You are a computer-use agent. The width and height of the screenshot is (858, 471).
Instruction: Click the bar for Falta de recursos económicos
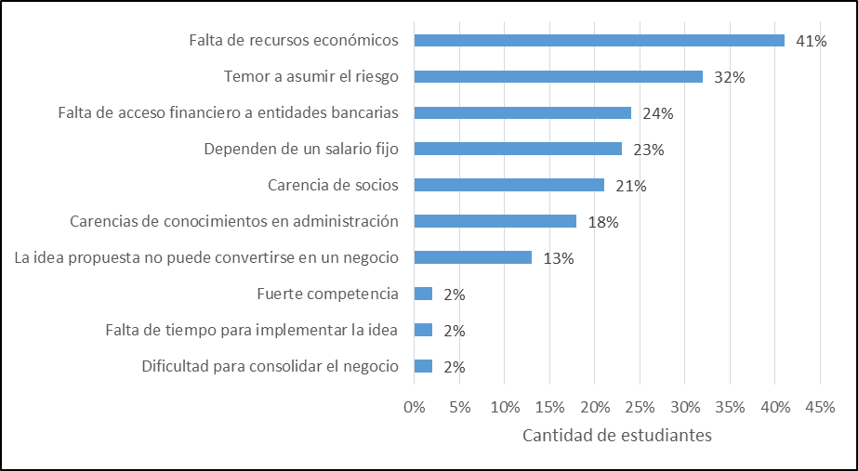coord(599,41)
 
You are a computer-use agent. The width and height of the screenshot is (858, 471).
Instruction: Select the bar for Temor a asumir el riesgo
coord(558,77)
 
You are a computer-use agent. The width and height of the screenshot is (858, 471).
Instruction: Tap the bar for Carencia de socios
coord(508,185)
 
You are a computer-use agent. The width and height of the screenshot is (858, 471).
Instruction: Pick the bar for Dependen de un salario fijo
coord(518,149)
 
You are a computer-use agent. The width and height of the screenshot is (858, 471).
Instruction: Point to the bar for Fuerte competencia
coord(423,294)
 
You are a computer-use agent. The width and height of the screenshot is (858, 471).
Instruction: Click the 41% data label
coord(812,41)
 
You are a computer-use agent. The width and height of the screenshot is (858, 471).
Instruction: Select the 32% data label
coord(730,78)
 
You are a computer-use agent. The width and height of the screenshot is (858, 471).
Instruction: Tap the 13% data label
coord(558,258)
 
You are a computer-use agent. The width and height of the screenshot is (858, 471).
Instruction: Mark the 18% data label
coord(603,222)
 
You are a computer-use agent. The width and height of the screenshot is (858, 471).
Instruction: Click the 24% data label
coord(657,113)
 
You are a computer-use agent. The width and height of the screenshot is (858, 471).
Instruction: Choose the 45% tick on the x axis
coord(820,408)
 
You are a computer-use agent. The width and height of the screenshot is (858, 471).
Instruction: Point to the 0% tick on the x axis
coord(414,408)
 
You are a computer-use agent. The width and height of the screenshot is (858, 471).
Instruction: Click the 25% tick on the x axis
coord(640,408)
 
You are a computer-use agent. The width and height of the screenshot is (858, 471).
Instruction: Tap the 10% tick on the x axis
coord(504,408)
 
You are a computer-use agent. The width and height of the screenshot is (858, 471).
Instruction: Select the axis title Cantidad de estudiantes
coord(617,436)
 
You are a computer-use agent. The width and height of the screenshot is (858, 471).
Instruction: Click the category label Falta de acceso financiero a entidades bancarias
coord(228,112)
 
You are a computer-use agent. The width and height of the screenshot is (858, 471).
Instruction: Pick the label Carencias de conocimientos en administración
coord(234,221)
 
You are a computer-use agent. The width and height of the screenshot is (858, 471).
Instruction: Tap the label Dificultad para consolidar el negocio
coord(270,366)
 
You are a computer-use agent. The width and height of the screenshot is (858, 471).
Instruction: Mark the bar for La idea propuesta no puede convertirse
coord(472,257)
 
